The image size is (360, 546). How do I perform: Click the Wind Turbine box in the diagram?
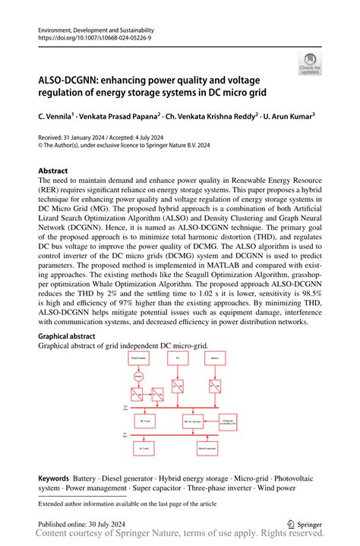(138, 356)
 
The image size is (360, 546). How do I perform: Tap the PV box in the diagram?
(177, 356)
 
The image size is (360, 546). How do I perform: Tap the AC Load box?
(145, 449)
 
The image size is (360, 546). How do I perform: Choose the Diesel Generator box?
(207, 449)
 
